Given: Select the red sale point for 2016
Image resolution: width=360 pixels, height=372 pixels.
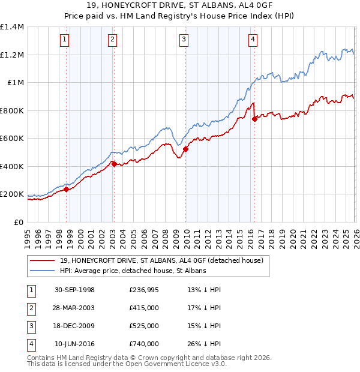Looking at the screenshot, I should [x=254, y=119].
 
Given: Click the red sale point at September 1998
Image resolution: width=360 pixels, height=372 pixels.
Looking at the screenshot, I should [x=67, y=189].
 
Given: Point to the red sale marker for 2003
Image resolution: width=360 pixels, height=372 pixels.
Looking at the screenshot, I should [x=114, y=164].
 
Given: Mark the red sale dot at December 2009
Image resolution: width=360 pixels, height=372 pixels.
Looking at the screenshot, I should [x=185, y=149].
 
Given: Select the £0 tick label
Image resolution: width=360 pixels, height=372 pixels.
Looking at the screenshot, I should [x=18, y=222].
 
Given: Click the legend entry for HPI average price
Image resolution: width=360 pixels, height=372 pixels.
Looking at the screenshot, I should [x=133, y=271].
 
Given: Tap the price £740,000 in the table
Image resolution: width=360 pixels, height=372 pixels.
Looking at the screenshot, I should [x=143, y=344].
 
